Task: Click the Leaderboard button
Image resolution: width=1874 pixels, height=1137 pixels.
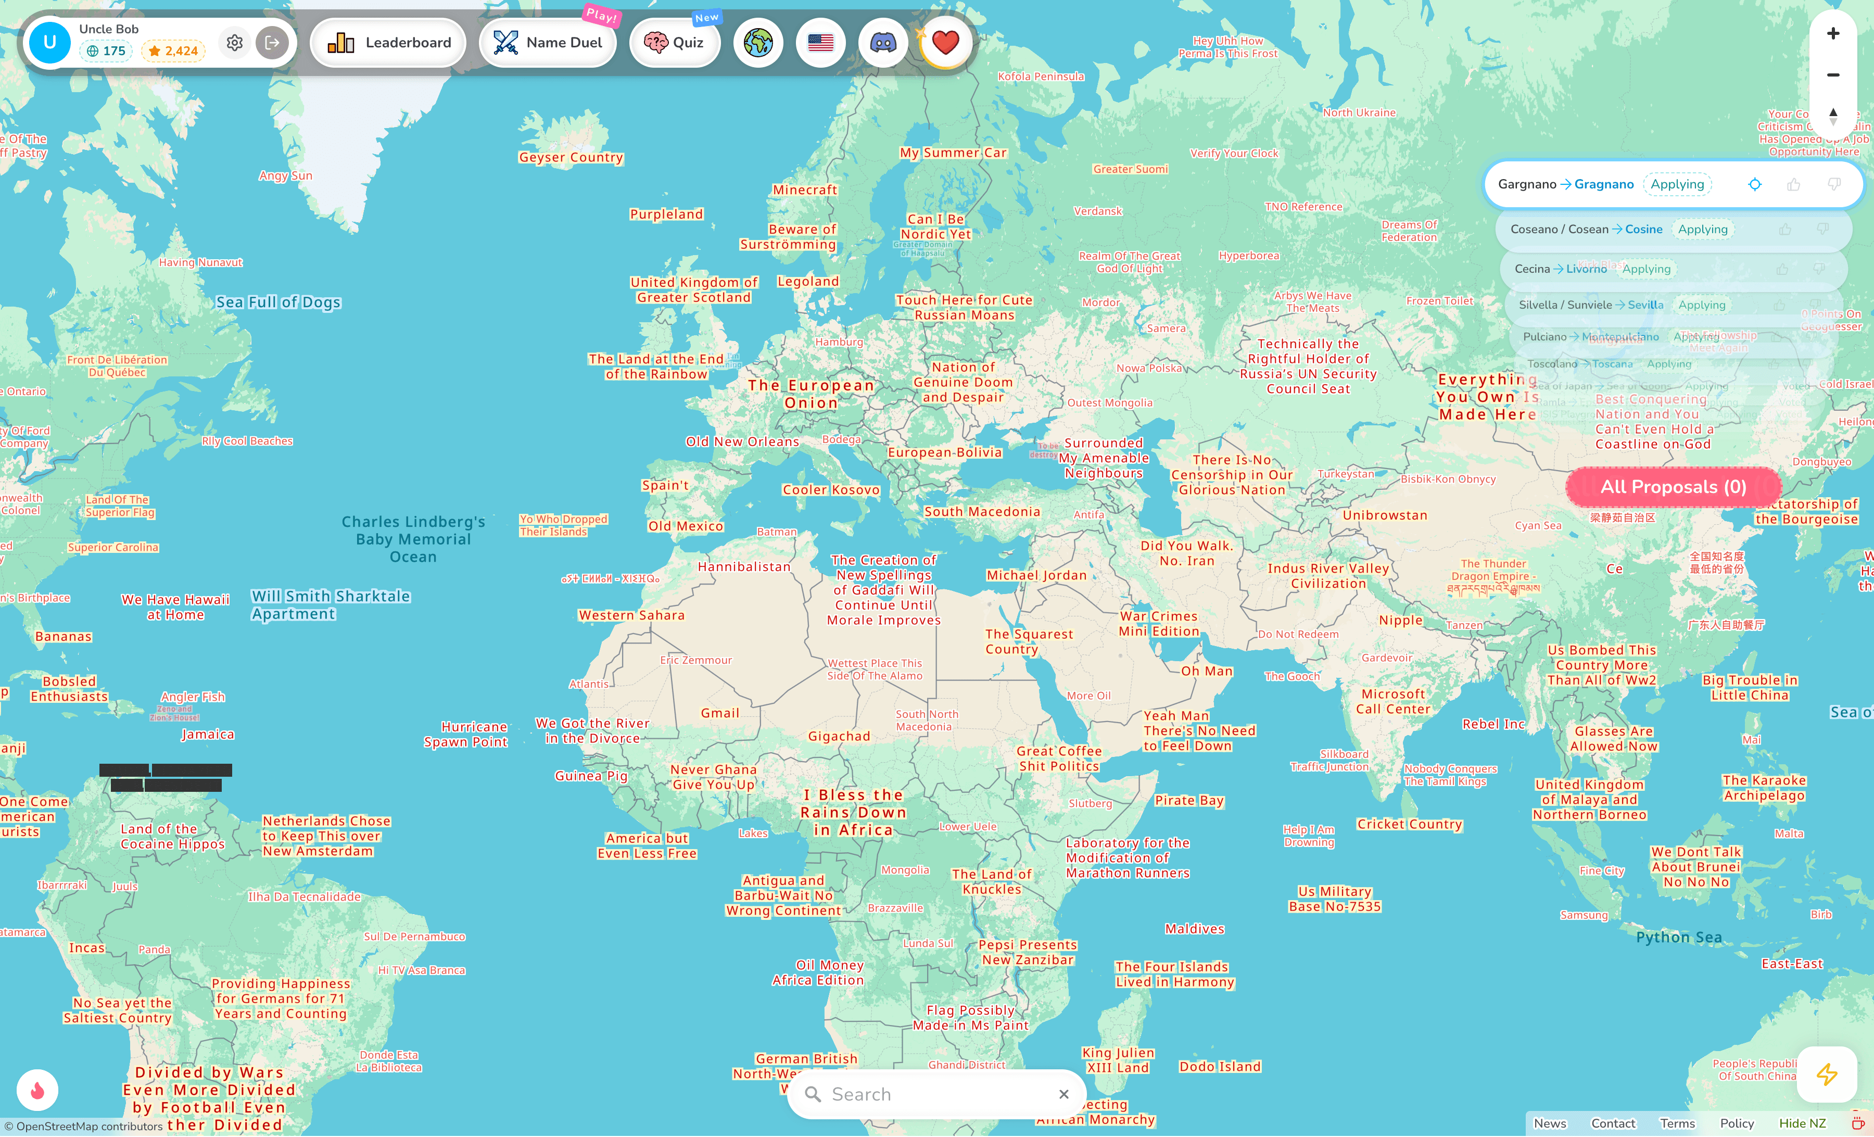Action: click(389, 43)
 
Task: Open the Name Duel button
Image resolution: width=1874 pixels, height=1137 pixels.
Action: click(548, 43)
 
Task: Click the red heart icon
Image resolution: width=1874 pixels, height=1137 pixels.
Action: click(945, 43)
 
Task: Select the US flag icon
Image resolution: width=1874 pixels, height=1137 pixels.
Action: click(820, 43)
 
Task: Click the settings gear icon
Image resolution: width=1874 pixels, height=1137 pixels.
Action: click(235, 43)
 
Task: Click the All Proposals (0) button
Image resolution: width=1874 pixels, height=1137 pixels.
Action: click(1673, 487)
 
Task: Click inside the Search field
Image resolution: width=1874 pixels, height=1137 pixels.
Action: click(935, 1094)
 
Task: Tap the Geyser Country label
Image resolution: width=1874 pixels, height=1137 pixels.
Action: click(571, 157)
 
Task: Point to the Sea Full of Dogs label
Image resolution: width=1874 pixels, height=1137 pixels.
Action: click(278, 302)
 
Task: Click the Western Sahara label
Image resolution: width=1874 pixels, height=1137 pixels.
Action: click(631, 615)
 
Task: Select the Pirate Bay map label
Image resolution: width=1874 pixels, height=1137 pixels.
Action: click(1189, 800)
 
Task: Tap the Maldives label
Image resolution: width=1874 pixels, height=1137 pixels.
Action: click(1194, 929)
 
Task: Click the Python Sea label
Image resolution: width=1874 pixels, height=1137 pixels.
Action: click(1679, 937)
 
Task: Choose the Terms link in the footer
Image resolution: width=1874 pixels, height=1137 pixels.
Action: click(1677, 1123)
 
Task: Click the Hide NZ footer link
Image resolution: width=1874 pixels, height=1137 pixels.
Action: click(1802, 1123)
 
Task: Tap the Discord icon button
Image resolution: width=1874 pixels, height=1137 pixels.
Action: click(883, 43)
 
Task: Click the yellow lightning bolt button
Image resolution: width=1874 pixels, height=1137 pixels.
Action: click(1826, 1074)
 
